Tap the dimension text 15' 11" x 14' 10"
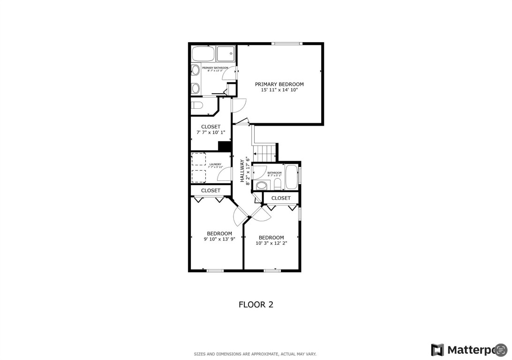(x=279, y=90)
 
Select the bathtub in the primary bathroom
(x=203, y=54)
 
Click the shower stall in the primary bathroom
(x=226, y=54)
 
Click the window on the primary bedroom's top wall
(x=287, y=44)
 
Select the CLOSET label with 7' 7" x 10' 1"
(x=211, y=127)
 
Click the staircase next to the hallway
(x=265, y=152)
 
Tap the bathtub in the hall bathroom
(x=291, y=177)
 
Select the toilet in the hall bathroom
(x=277, y=183)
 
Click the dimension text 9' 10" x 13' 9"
(x=219, y=239)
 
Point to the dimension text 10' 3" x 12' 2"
(x=271, y=243)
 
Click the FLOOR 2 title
(x=256, y=305)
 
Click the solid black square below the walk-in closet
(x=225, y=146)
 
